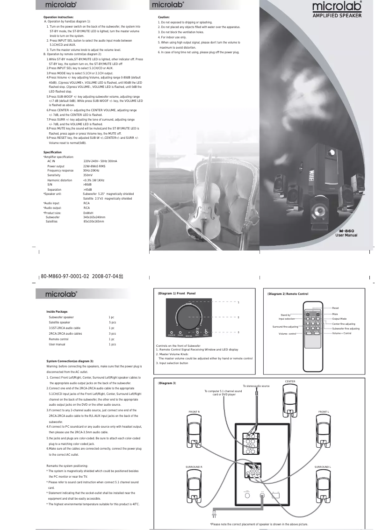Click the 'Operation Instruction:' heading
click(58, 17)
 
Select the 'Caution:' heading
click(164, 17)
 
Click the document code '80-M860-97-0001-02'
click(67, 276)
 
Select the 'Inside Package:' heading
click(58, 312)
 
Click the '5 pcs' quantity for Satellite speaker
click(112, 322)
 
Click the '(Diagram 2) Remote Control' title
click(288, 294)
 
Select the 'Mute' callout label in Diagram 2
click(335, 314)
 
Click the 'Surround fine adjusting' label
click(285, 326)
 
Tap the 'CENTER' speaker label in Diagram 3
click(290, 381)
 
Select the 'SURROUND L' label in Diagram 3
click(323, 467)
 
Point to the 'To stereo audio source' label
click(256, 386)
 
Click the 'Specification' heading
click(52, 152)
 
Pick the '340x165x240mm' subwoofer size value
click(94, 217)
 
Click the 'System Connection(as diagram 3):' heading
click(70, 361)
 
